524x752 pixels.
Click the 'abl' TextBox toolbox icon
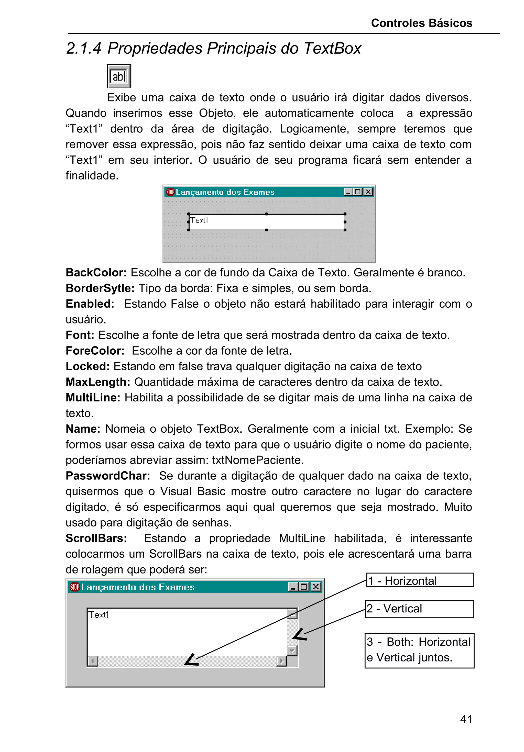point(119,76)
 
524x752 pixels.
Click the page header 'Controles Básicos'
point(421,23)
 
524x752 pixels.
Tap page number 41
point(466,719)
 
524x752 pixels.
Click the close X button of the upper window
point(368,192)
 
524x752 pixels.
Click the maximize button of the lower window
point(304,587)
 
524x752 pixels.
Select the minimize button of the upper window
point(348,192)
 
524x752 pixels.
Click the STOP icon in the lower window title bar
point(75,587)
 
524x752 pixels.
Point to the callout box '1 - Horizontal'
point(420,580)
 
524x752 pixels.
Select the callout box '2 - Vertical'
point(419,609)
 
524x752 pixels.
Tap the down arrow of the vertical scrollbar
point(292,650)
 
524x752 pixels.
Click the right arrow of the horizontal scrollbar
point(281,661)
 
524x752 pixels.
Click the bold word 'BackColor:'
point(96,273)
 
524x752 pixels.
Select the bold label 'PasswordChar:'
point(108,476)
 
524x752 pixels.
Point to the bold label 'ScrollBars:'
point(96,538)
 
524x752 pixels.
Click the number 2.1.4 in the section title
point(84,49)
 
